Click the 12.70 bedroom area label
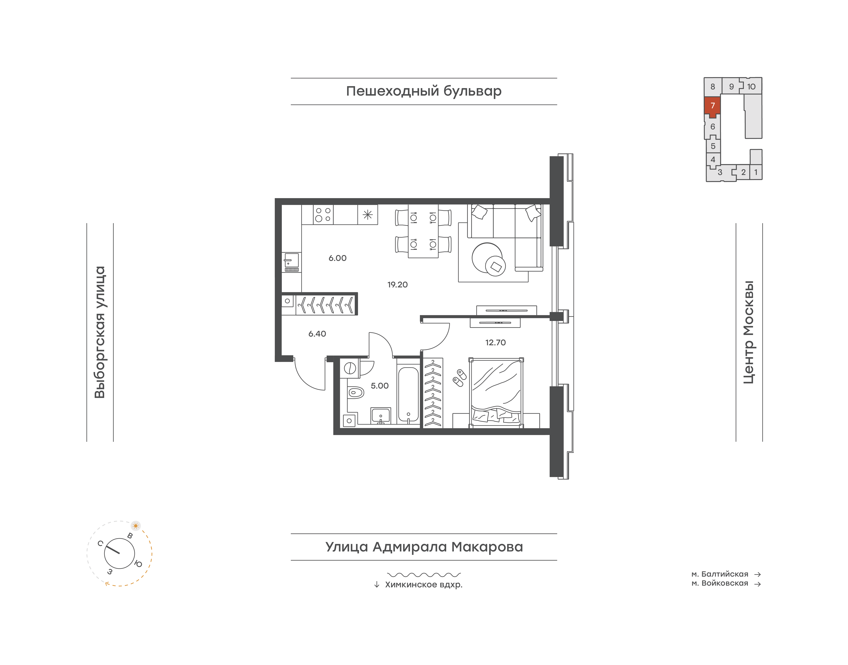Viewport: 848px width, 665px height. (x=495, y=343)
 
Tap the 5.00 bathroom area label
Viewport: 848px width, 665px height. (x=380, y=386)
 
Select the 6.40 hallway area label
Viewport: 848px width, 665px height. (x=317, y=334)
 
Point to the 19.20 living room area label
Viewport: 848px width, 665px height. (x=397, y=285)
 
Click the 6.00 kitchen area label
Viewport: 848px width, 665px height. (x=338, y=258)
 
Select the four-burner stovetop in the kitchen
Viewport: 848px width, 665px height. (x=323, y=215)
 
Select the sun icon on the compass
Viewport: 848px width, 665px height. (x=136, y=526)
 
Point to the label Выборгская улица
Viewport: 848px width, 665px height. (x=100, y=332)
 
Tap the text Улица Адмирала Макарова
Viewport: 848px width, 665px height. (x=424, y=547)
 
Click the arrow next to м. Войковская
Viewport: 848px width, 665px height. (x=758, y=584)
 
